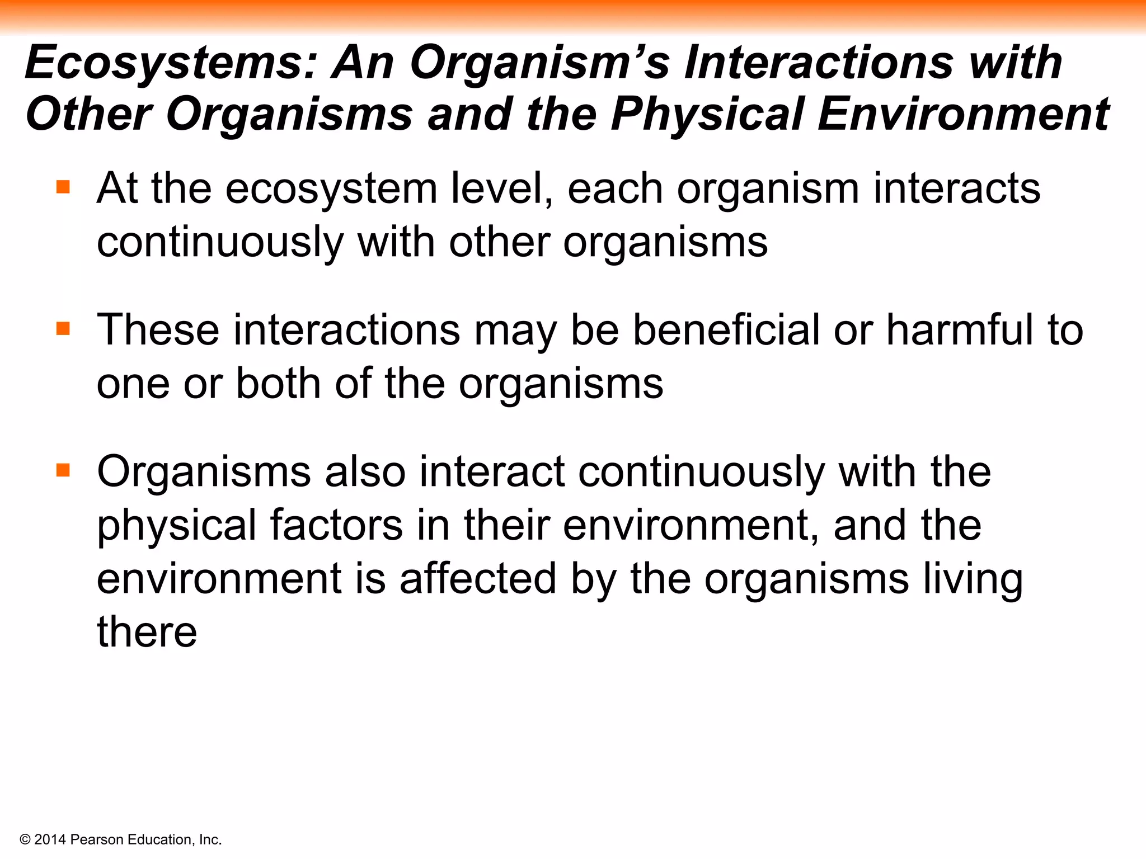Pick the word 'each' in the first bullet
click(615, 188)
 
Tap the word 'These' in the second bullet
click(158, 330)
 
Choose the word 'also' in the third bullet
click(365, 471)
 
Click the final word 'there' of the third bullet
click(147, 632)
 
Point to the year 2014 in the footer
click(50, 839)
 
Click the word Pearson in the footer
click(97, 839)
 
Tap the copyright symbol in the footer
click(25, 839)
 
